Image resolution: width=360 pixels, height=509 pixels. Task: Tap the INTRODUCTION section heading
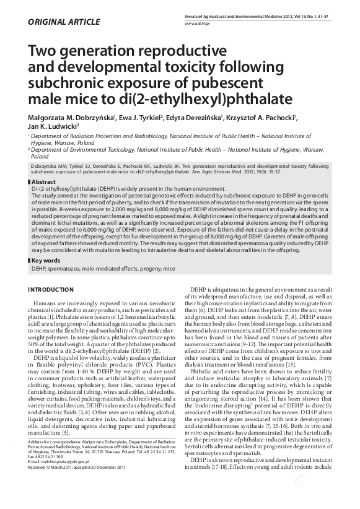click(x=56, y=290)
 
